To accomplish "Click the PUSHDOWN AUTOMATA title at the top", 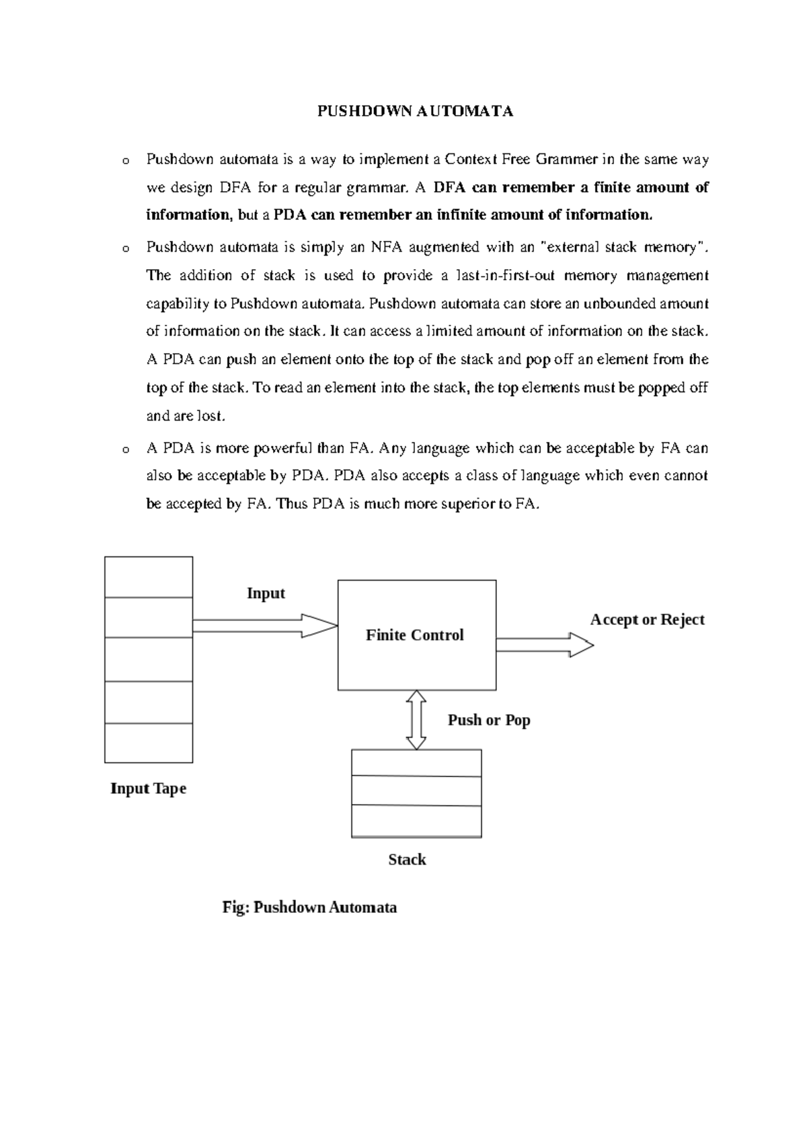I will point(415,112).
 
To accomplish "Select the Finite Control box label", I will point(415,635).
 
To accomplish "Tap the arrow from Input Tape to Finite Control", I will point(265,626).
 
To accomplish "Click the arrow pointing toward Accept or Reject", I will point(545,645).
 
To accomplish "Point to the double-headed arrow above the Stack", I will point(416,719).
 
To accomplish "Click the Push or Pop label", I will point(489,720).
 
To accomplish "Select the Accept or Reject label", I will point(647,620).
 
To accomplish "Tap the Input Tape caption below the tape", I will point(148,788).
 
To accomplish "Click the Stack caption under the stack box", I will point(407,860).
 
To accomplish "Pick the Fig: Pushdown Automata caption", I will point(309,908).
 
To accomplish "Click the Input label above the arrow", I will point(266,593).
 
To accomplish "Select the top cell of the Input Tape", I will point(149,577).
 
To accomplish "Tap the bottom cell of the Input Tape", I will point(149,743).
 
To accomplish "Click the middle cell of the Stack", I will point(416,791).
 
